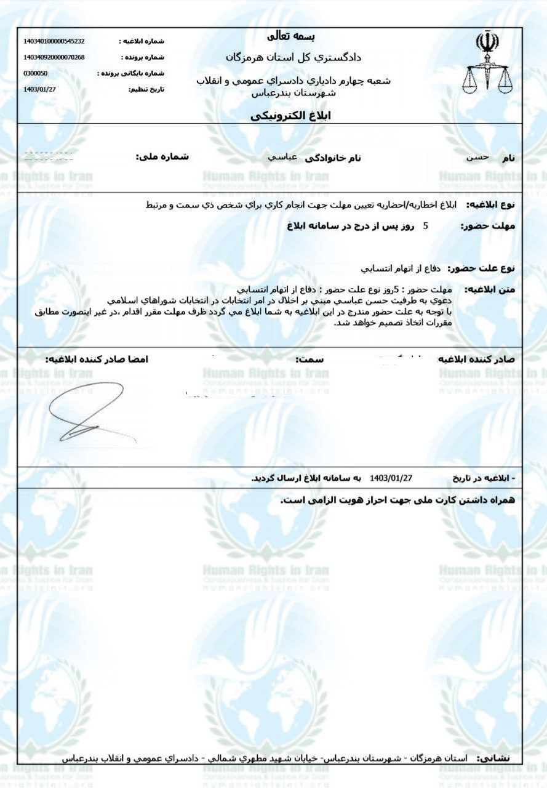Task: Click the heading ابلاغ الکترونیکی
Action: (291, 116)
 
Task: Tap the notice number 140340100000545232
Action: (54, 41)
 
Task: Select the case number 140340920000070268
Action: (54, 57)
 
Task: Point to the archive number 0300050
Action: (35, 73)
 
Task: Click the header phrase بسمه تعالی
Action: (293, 37)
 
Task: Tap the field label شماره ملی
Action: (162, 157)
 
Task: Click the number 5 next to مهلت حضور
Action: (425, 226)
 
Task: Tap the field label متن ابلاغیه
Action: (490, 289)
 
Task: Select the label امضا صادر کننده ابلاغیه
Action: (97, 358)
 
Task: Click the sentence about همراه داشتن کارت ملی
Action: (397, 500)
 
